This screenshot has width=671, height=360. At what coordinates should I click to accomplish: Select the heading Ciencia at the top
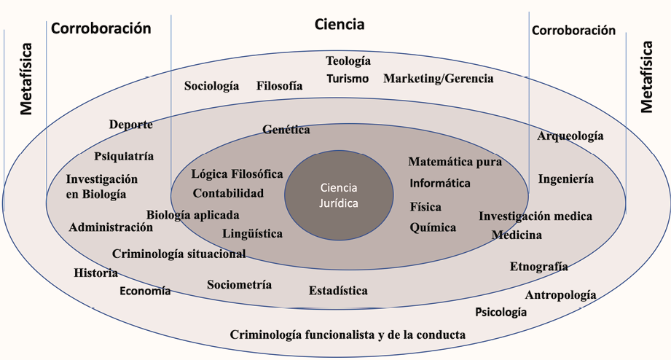[340, 25]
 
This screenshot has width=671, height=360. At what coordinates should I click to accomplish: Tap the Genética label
[286, 130]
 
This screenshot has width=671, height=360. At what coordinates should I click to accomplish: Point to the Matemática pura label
[455, 162]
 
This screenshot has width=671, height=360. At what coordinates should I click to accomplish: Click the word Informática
[440, 183]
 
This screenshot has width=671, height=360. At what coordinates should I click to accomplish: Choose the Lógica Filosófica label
[238, 174]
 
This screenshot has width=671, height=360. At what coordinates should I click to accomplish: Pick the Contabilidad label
[228, 193]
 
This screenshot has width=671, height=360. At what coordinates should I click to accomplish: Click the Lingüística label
[253, 234]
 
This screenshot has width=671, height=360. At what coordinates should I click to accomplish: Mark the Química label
[433, 227]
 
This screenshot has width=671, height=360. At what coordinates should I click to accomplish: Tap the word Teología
[348, 61]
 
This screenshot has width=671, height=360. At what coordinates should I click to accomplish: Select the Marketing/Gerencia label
[439, 79]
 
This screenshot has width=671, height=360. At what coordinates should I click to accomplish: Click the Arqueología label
[570, 136]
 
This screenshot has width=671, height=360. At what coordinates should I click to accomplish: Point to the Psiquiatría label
[124, 156]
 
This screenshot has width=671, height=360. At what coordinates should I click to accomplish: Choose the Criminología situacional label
[178, 254]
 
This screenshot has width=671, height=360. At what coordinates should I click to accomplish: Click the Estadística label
[338, 291]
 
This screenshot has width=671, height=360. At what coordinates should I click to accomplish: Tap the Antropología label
[560, 295]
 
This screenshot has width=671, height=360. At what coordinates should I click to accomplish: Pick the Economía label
[145, 291]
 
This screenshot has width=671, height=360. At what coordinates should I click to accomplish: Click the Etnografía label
[538, 267]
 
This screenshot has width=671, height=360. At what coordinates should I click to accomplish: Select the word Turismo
[348, 79]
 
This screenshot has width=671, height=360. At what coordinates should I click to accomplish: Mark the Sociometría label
[239, 285]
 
